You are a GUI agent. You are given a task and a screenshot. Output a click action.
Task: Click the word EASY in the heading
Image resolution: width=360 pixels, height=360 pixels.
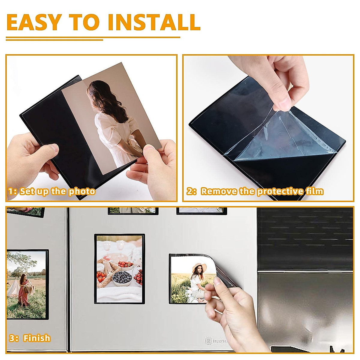click(x=34, y=22)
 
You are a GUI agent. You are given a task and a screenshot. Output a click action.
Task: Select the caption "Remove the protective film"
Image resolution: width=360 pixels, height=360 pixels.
click(x=262, y=191)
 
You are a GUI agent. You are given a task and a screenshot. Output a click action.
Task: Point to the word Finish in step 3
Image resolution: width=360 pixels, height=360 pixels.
click(x=37, y=338)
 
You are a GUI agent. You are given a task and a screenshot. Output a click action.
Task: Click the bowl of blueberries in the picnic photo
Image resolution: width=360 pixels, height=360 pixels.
click(x=122, y=278)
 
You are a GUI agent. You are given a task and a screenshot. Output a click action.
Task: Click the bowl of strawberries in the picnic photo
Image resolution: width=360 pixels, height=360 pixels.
click(x=126, y=265)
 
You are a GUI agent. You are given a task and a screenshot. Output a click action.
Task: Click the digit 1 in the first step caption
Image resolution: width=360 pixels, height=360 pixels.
click(x=11, y=191)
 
